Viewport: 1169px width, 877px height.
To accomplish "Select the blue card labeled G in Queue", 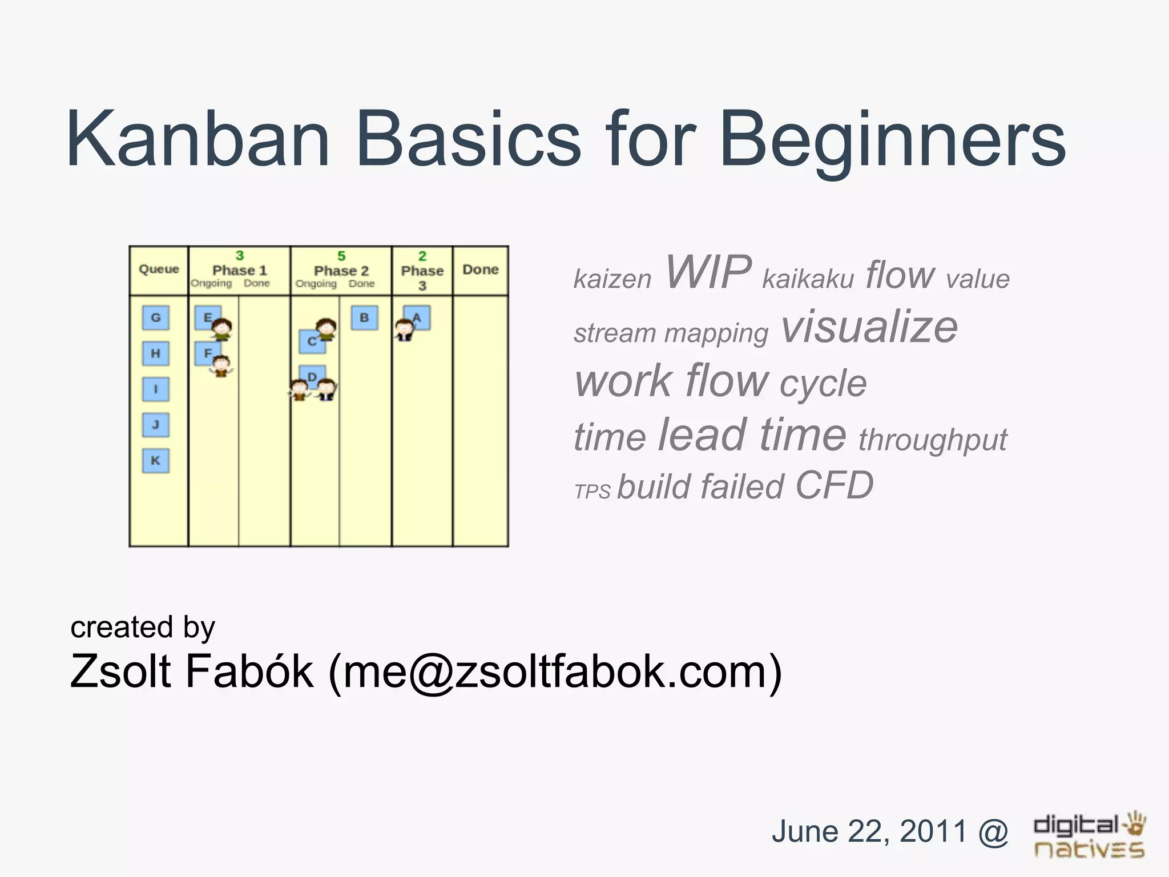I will click(x=155, y=317).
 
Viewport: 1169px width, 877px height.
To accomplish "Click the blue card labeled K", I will click(x=155, y=460).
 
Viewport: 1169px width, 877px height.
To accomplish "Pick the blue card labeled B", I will click(x=364, y=317).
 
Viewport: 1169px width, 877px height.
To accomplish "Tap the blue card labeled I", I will click(x=155, y=389).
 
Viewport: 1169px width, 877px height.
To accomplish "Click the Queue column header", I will click(x=159, y=269).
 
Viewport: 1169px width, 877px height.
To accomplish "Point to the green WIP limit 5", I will click(x=341, y=256).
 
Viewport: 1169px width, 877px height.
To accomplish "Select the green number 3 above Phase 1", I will click(x=240, y=255).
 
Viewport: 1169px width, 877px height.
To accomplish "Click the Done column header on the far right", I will click(x=480, y=269).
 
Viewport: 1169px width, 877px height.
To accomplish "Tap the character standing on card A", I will click(x=404, y=329).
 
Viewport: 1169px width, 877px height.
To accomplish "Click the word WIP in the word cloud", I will click(x=708, y=272).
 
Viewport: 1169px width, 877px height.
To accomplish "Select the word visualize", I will click(x=869, y=327).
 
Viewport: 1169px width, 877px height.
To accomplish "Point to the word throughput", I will click(x=933, y=440).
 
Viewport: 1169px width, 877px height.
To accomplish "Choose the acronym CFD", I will click(x=834, y=485).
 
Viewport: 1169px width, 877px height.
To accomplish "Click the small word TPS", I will click(x=592, y=492).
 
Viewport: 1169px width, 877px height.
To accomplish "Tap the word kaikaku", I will click(x=808, y=279).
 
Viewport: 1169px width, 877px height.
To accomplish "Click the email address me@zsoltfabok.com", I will click(x=554, y=671).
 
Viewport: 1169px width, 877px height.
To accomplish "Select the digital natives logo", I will click(x=1089, y=835).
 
